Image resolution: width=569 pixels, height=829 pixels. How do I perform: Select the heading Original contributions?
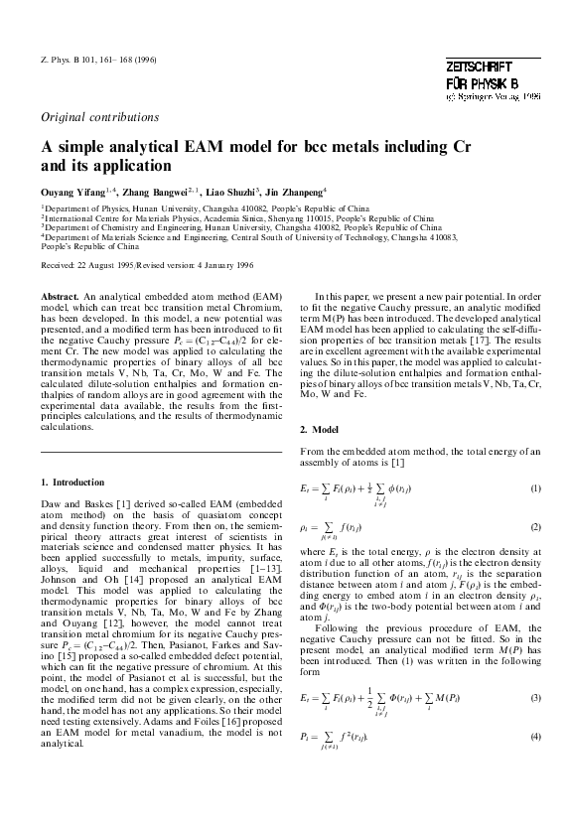pos(96,117)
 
